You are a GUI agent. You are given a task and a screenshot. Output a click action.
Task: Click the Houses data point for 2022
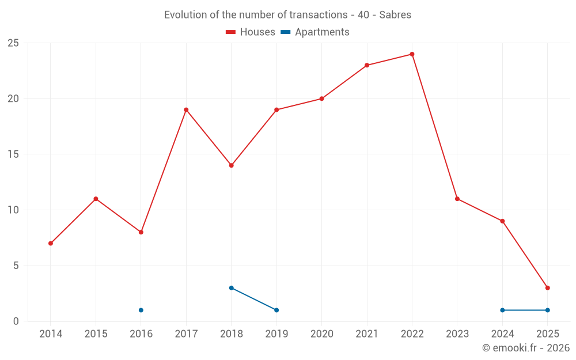click(412, 54)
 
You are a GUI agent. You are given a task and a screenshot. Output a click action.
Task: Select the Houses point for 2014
click(51, 243)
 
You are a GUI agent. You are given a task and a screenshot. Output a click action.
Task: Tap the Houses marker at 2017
click(186, 109)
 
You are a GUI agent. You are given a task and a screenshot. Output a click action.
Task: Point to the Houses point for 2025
click(547, 288)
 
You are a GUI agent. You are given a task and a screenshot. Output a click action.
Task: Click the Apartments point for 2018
click(231, 288)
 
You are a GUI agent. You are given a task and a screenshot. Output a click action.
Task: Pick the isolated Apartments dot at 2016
click(141, 310)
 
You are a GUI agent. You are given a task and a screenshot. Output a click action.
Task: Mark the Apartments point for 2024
click(502, 310)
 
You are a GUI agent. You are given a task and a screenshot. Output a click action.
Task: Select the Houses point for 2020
click(321, 98)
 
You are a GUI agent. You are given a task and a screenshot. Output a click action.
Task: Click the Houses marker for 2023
click(457, 199)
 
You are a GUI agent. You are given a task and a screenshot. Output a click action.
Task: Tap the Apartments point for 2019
click(276, 310)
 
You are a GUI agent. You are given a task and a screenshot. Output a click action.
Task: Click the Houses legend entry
click(251, 32)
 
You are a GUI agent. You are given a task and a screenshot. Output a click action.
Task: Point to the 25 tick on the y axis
click(13, 43)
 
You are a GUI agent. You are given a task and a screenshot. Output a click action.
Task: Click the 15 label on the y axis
click(13, 154)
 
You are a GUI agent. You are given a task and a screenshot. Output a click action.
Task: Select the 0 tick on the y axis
click(16, 321)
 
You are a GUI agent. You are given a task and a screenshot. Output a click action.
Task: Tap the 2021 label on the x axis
click(367, 334)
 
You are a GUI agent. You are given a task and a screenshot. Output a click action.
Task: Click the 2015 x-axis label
click(96, 334)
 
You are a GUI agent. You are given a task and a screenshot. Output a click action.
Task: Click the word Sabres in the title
click(395, 15)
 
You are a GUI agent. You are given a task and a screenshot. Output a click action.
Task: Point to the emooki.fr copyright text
click(526, 348)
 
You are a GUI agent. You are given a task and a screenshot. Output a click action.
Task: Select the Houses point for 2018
click(231, 165)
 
